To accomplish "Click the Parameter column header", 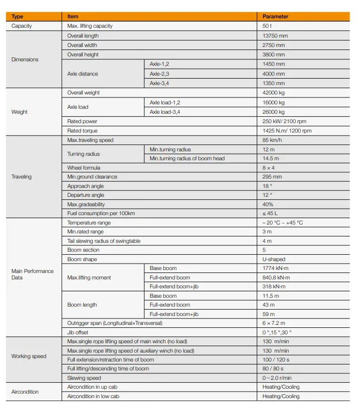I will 275,16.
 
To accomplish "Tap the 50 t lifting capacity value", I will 268,26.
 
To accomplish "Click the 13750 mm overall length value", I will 273,36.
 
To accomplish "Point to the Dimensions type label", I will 25,59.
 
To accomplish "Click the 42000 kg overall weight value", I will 273,92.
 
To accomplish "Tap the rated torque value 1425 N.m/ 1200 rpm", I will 287,131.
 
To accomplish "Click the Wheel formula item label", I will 84,168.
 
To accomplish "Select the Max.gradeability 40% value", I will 268,204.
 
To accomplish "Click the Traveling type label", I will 21,177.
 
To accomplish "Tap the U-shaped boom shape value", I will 274,259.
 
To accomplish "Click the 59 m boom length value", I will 269,314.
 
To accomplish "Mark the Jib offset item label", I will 78,332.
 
